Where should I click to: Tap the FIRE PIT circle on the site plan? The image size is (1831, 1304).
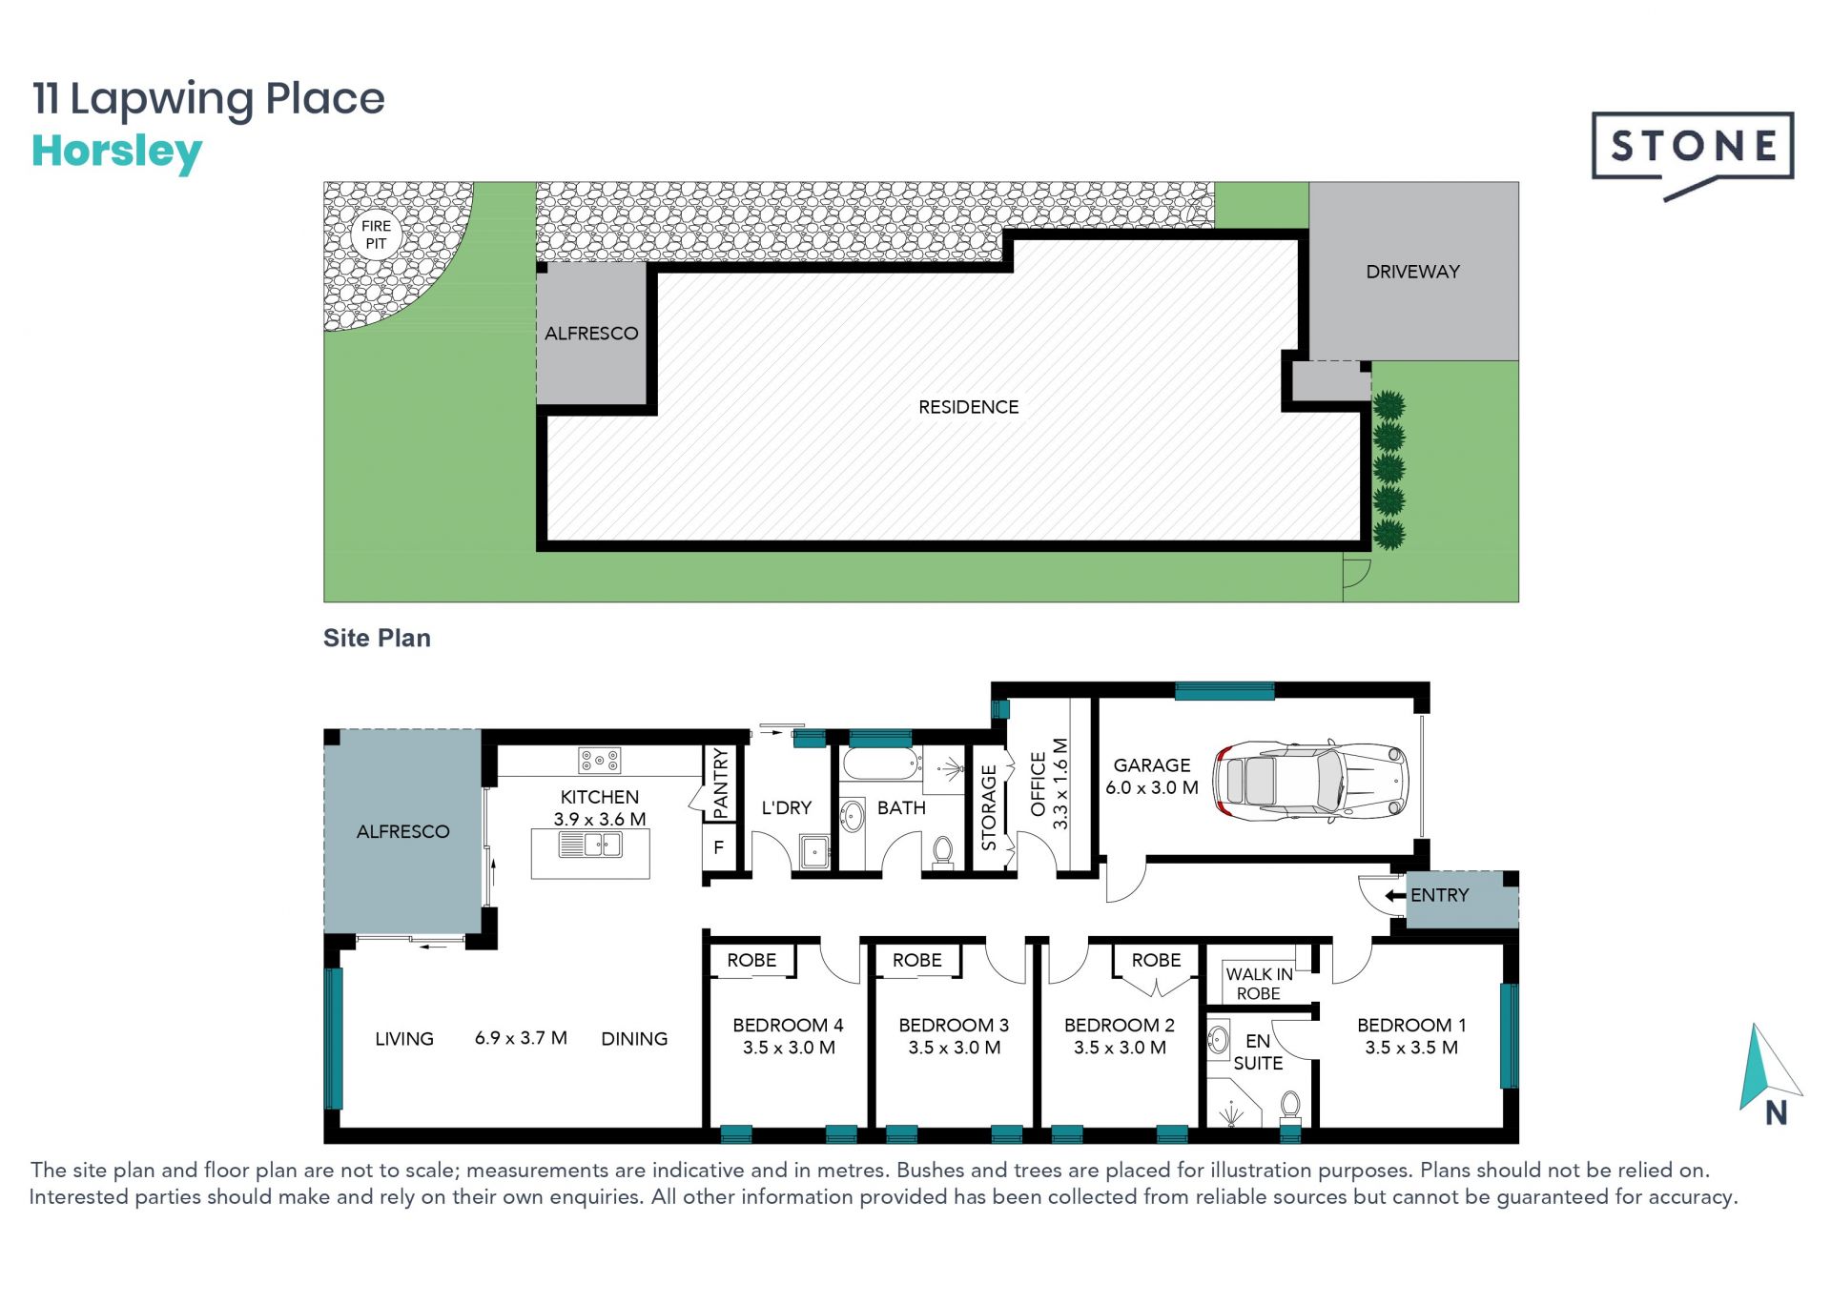[x=376, y=234]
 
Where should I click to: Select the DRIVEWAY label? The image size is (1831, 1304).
[x=1412, y=272]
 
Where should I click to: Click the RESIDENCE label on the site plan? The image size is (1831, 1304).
[x=968, y=407]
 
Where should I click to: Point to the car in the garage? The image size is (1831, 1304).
[x=1310, y=781]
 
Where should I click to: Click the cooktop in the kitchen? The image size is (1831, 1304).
[x=599, y=761]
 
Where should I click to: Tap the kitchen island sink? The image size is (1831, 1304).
[x=590, y=845]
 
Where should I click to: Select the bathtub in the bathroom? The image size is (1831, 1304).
[x=880, y=764]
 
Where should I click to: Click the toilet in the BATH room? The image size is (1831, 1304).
[x=942, y=851]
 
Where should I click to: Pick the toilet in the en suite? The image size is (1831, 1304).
[x=1290, y=1108]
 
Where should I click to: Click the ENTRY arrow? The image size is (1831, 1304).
[x=1395, y=896]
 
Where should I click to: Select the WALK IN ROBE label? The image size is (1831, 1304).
[x=1259, y=984]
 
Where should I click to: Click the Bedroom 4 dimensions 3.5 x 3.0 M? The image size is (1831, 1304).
[x=789, y=1048]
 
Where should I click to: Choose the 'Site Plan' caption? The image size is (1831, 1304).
[x=377, y=638]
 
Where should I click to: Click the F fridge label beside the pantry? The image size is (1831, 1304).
[x=719, y=846]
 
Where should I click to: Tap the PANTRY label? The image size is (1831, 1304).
[x=720, y=784]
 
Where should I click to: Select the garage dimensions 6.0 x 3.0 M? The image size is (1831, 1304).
[x=1152, y=788]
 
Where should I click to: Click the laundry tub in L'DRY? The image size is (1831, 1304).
[x=813, y=851]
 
